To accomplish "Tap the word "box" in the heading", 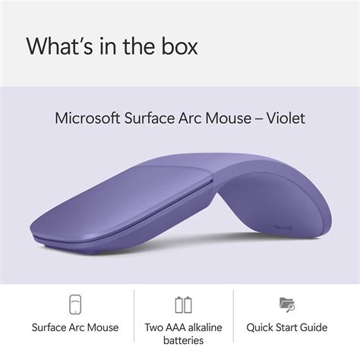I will coord(177,46).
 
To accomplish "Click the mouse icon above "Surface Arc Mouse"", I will coord(74,305).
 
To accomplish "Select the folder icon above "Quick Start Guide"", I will coord(287,305).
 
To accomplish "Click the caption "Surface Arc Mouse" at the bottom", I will coord(74,327).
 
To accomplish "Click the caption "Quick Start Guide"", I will coord(287,327).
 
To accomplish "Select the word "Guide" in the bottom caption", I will coord(311,327).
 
